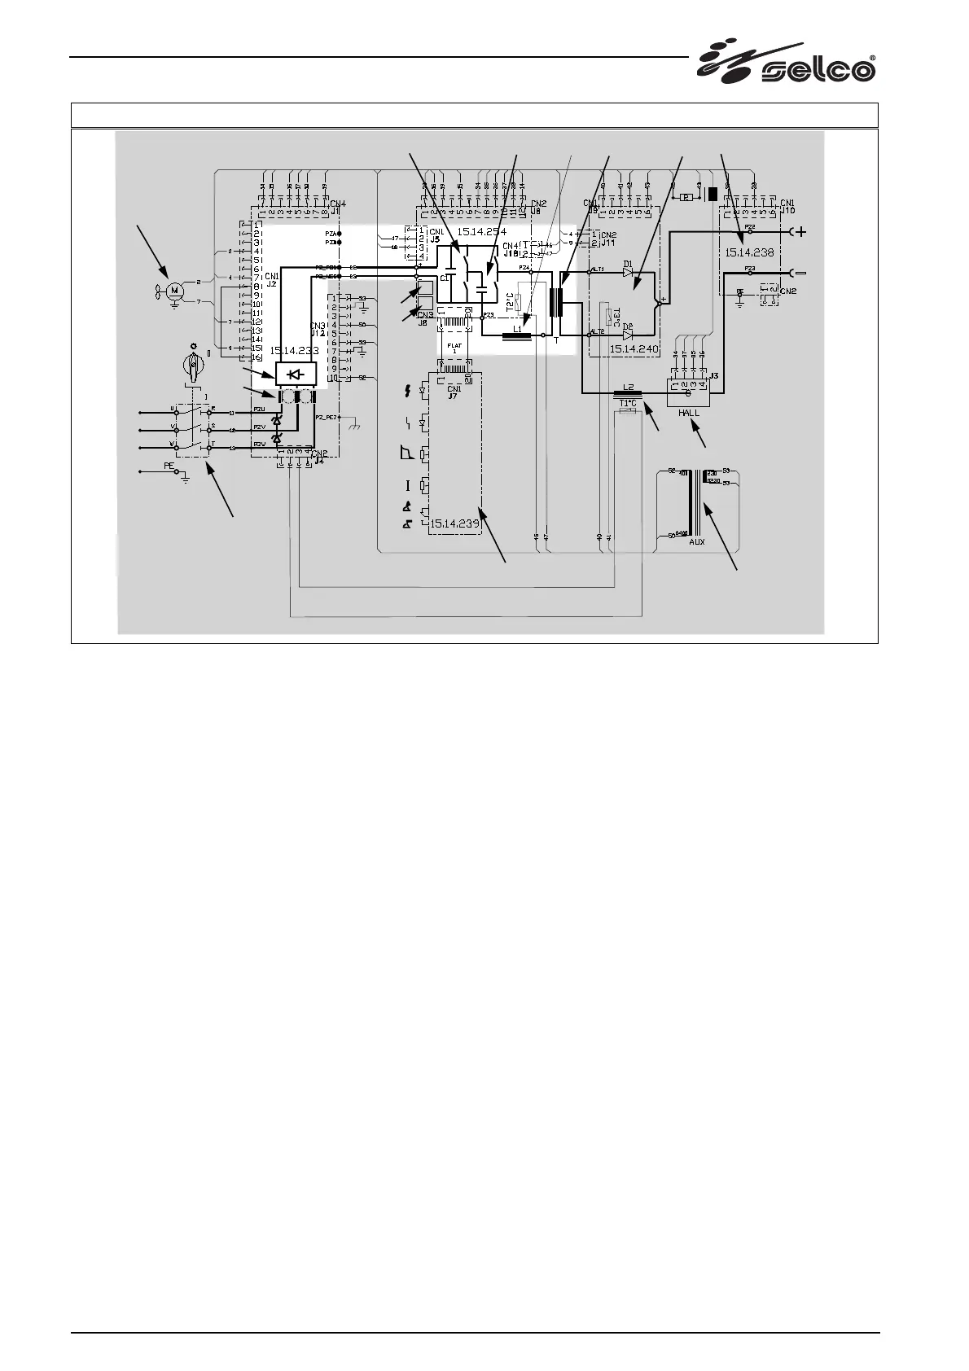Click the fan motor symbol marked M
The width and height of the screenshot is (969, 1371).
tap(173, 291)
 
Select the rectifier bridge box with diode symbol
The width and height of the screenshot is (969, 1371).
tap(296, 375)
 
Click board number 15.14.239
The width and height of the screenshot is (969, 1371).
tap(454, 523)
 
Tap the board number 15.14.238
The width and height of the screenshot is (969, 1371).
tap(749, 252)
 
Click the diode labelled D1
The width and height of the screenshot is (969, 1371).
tap(628, 273)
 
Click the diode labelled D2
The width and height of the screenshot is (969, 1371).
tap(627, 335)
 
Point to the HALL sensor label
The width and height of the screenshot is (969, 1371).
tap(689, 413)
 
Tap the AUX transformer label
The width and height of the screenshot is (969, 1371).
tap(697, 541)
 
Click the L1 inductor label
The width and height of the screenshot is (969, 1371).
tap(518, 328)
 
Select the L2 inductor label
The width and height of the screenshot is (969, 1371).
tap(627, 388)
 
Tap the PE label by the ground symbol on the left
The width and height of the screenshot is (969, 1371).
tap(169, 466)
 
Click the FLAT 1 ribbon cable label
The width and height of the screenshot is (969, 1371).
tap(454, 348)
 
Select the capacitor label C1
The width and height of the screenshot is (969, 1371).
tap(445, 278)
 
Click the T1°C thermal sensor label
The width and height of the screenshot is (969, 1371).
tap(628, 403)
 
